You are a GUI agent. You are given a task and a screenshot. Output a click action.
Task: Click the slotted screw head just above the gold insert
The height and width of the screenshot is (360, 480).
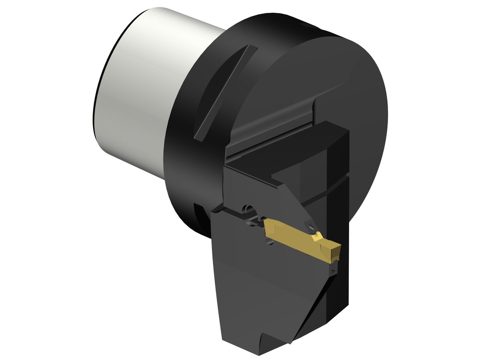[x=312, y=226]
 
